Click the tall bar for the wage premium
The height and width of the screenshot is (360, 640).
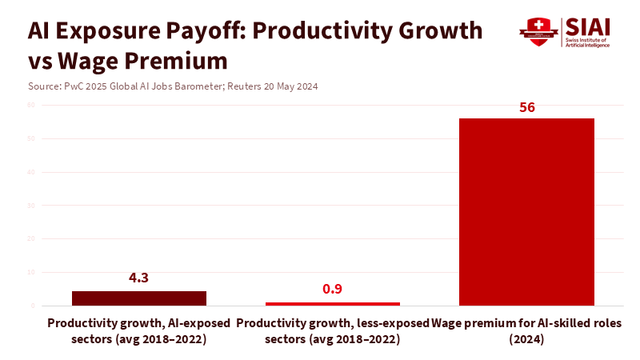[x=526, y=212]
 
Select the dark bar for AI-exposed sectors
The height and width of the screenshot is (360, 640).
[x=139, y=298]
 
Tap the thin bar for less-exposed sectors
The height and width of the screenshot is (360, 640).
[x=332, y=304]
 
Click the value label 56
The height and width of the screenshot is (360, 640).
[x=526, y=107]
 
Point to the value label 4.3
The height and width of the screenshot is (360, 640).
[x=139, y=278]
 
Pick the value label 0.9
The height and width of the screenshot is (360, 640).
[x=332, y=289]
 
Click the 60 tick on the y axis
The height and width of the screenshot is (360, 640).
[x=32, y=105]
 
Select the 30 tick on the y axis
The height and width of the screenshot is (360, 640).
[x=32, y=206]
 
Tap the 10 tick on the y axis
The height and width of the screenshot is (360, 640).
[x=32, y=272]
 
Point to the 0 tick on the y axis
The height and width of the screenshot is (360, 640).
[x=33, y=306]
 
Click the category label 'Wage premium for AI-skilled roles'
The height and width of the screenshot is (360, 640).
[x=526, y=330]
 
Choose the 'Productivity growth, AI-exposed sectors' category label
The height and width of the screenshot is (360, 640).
[x=139, y=330]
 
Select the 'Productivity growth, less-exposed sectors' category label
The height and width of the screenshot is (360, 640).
[x=332, y=330]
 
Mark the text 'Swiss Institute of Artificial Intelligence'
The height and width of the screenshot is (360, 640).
[x=587, y=42]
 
